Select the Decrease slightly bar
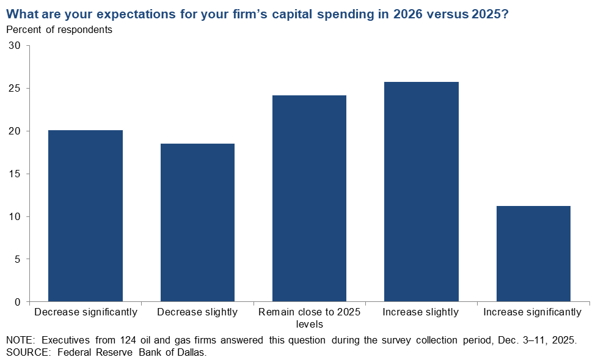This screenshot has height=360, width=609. click(x=197, y=222)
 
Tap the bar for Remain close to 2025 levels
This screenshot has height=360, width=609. click(x=309, y=198)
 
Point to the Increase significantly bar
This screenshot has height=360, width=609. click(x=533, y=254)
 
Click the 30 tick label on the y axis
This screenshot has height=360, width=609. click(x=15, y=46)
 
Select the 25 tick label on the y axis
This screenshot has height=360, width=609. click(x=15, y=89)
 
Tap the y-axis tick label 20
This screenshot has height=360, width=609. click(x=15, y=131)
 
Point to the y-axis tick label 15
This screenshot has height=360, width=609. click(x=15, y=174)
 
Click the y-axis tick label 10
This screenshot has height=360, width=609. click(x=15, y=217)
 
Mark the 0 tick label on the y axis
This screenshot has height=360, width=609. click(x=18, y=302)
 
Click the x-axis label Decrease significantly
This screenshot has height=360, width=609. click(x=86, y=312)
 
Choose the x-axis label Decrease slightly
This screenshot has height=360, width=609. click(x=197, y=312)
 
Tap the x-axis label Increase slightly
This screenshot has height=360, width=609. click(x=421, y=312)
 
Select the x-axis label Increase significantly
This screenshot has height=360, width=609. click(x=533, y=312)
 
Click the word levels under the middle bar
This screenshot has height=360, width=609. click(x=309, y=324)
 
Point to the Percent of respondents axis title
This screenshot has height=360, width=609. click(x=59, y=29)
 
